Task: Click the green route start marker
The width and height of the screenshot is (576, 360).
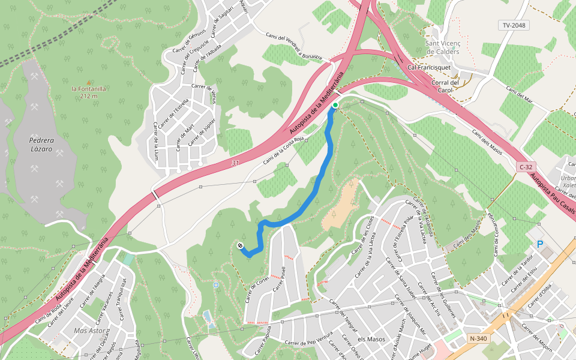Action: (335, 106)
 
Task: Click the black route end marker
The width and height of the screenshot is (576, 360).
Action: (240, 246)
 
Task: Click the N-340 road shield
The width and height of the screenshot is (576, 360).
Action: (478, 338)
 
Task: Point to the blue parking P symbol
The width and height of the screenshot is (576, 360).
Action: (540, 244)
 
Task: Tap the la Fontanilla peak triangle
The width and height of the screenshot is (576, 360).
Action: (89, 82)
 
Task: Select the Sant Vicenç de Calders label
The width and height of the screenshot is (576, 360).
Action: (442, 47)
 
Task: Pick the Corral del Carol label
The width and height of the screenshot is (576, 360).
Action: (445, 86)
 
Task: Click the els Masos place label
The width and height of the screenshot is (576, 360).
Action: (371, 340)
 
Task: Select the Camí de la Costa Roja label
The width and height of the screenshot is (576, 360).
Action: (284, 150)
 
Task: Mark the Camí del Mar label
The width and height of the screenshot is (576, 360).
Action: (520, 95)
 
